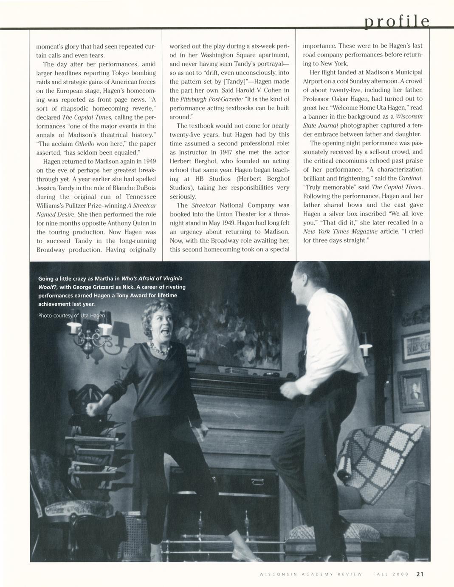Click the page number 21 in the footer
[420, 574]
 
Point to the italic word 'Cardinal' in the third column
[410, 178]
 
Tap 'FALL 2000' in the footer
[391, 574]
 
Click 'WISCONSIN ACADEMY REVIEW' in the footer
[310, 574]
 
